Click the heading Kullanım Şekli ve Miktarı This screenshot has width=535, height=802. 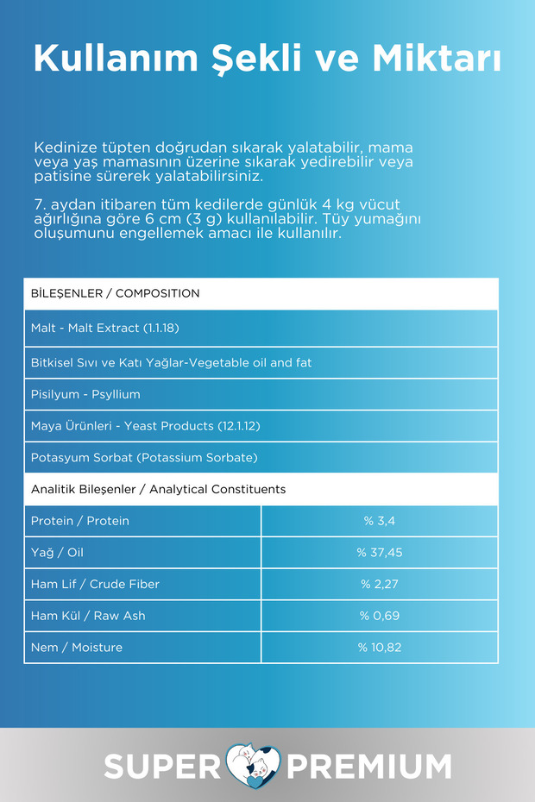click(267, 59)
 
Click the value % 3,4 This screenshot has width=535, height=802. click(380, 521)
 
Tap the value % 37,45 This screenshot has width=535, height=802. click(380, 552)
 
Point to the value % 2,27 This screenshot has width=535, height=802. click(380, 584)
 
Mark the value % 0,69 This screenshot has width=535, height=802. click(380, 616)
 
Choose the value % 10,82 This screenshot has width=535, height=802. click(380, 647)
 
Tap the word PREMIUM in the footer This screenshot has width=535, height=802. click(369, 766)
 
